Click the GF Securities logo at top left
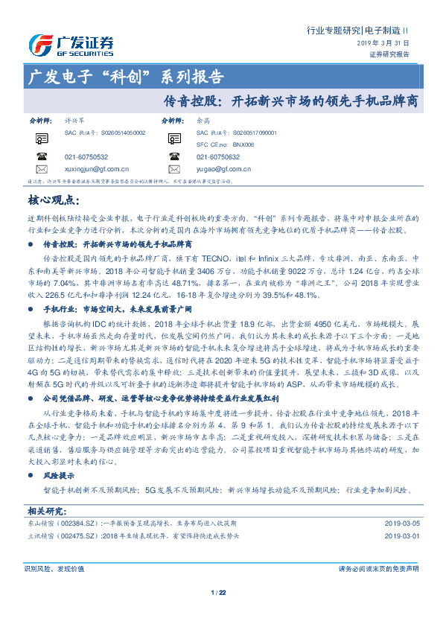click(71, 45)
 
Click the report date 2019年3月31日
click(385, 43)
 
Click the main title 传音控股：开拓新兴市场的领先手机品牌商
click(290, 99)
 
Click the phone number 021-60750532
click(86, 157)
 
